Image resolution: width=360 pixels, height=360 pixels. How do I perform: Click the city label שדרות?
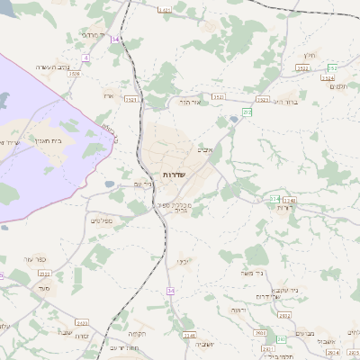(x=173, y=173)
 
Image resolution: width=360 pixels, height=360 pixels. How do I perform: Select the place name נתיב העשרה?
(x=52, y=67)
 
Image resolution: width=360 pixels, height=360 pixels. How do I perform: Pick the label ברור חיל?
(x=284, y=103)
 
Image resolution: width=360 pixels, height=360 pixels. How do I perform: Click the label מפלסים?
(x=99, y=220)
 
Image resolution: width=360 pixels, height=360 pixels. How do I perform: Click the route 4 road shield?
(x=86, y=57)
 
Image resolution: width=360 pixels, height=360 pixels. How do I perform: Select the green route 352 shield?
(x=332, y=68)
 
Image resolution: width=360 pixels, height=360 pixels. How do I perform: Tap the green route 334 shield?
(x=274, y=198)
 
